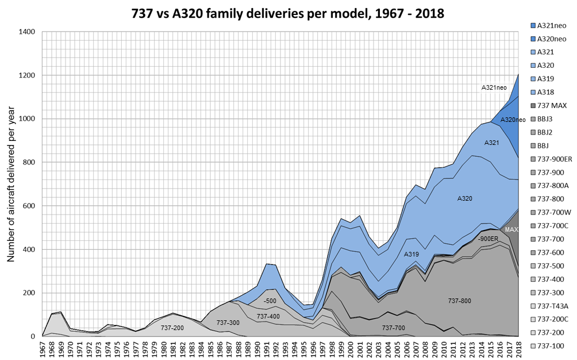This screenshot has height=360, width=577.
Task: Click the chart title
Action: [288, 14]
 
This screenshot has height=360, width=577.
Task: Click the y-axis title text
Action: [11, 184]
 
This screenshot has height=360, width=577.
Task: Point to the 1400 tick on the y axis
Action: [27, 32]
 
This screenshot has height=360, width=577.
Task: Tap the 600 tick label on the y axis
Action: [29, 206]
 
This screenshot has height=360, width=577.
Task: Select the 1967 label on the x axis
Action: [43, 348]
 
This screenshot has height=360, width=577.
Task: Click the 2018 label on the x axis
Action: [518, 348]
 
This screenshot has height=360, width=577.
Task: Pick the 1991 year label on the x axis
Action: [267, 348]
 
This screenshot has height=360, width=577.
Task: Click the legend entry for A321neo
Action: [548, 26]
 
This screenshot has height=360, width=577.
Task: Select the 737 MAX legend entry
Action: [549, 106]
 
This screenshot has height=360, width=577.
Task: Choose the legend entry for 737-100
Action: [547, 346]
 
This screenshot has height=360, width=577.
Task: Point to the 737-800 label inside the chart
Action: [460, 301]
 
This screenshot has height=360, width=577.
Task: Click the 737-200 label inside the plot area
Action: [172, 328]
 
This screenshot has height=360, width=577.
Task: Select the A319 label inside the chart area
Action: [411, 254]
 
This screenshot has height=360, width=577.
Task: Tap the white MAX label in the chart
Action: [511, 229]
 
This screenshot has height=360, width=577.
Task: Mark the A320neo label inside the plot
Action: [513, 120]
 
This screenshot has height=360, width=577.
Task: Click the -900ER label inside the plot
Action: [488, 239]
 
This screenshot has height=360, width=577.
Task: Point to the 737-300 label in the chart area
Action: [228, 323]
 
